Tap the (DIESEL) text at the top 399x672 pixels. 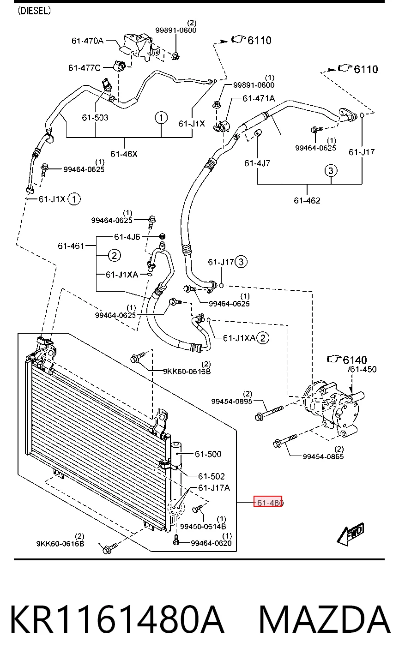pyautogui.click(x=34, y=11)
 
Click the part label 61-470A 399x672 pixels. pyautogui.click(x=87, y=41)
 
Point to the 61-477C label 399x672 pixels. pyautogui.click(x=85, y=68)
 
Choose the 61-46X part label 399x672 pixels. pyautogui.click(x=124, y=154)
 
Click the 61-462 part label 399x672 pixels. pyautogui.click(x=307, y=200)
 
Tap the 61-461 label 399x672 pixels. pyautogui.click(x=71, y=246)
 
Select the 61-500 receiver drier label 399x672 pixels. pyautogui.click(x=208, y=454)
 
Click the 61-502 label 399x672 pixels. pyautogui.click(x=212, y=476)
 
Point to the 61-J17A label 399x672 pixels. pyautogui.click(x=214, y=488)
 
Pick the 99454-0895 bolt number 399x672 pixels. pyautogui.click(x=232, y=402)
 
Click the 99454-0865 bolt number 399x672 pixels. pyautogui.click(x=323, y=456)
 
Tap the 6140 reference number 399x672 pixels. pyautogui.click(x=355, y=360)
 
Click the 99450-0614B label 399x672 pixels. pyautogui.click(x=203, y=526)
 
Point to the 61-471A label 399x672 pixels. pyautogui.click(x=259, y=98)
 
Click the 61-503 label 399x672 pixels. pyautogui.click(x=95, y=118)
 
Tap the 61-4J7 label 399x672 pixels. pyautogui.click(x=257, y=163)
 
